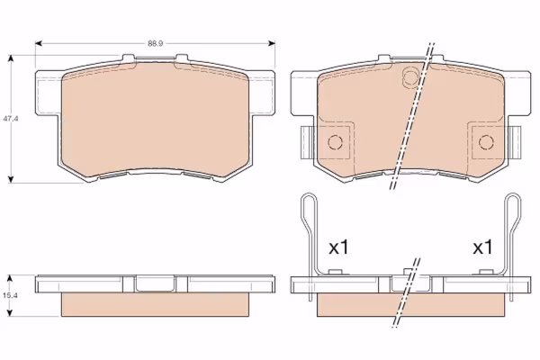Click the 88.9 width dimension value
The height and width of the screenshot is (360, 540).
(156, 43)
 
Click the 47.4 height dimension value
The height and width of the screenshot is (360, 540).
(11, 119)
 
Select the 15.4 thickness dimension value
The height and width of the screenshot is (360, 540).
(11, 295)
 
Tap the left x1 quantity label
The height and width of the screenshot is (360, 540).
(338, 247)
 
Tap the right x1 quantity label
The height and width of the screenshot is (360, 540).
(482, 247)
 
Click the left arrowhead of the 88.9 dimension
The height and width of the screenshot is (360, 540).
(38, 43)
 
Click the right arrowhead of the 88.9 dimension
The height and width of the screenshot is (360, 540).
(272, 43)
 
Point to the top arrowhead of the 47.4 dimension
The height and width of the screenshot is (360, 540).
(11, 58)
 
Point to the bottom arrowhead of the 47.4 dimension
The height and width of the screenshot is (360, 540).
(11, 179)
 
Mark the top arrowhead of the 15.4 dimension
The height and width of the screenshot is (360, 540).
(10, 278)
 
